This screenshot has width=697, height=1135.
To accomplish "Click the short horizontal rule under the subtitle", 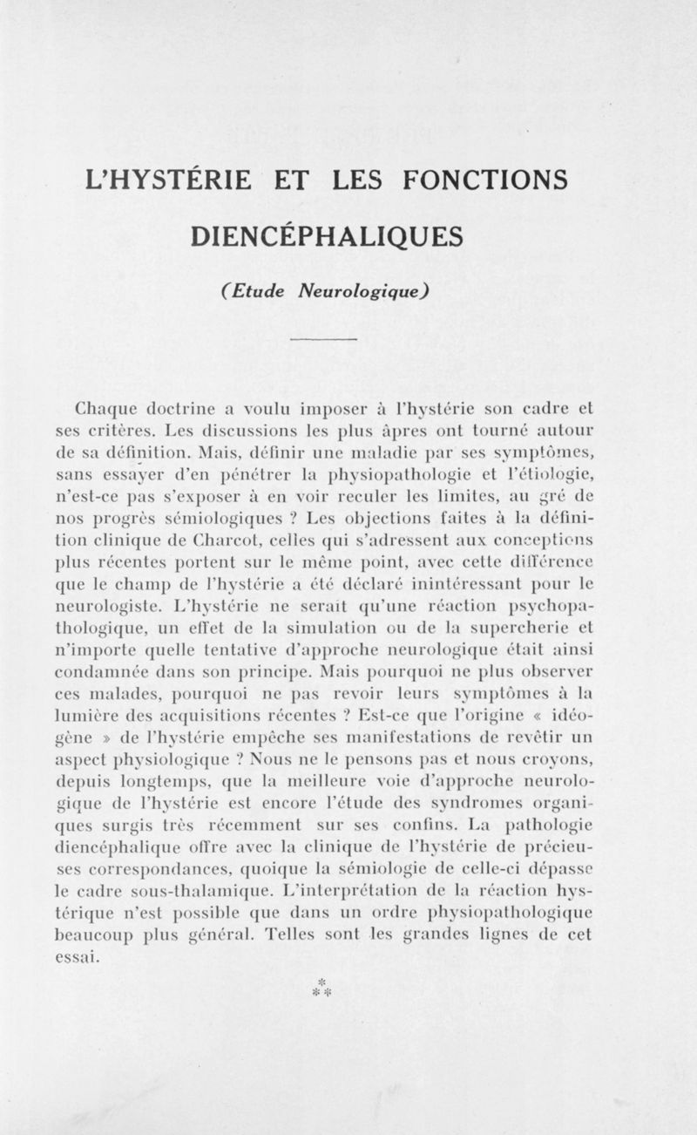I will tap(324, 339).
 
